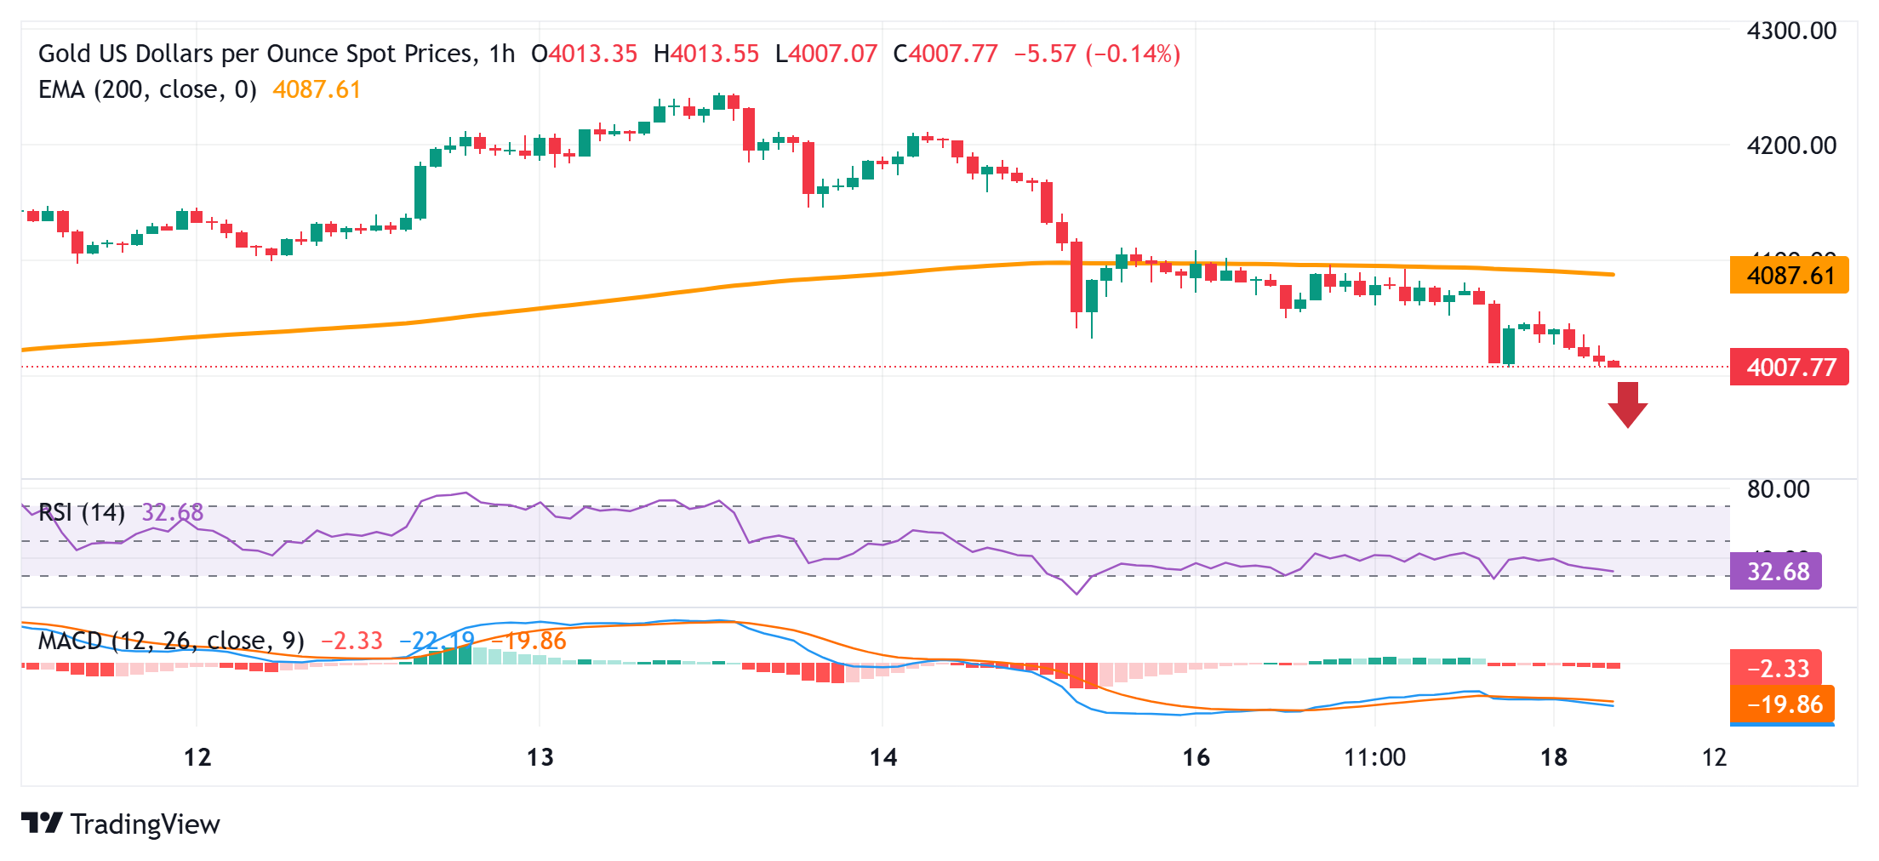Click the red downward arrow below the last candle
point(1627,405)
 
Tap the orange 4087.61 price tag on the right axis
point(1789,276)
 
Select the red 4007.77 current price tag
point(1789,368)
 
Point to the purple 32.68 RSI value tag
point(1776,572)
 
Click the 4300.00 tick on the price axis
point(1790,31)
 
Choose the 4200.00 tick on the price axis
point(1790,145)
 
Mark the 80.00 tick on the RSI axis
point(1778,489)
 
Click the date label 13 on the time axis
point(540,757)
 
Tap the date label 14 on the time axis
point(883,757)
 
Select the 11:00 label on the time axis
point(1374,757)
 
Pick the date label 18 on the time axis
point(1554,757)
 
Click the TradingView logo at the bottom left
point(121,824)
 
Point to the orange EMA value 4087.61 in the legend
point(317,89)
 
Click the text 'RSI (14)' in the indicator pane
point(83,512)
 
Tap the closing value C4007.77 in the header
point(945,54)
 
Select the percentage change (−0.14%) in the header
point(1133,54)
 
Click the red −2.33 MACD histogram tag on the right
point(1776,669)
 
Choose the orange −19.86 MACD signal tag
point(1782,704)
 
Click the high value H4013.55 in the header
point(705,54)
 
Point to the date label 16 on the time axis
point(1196,757)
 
